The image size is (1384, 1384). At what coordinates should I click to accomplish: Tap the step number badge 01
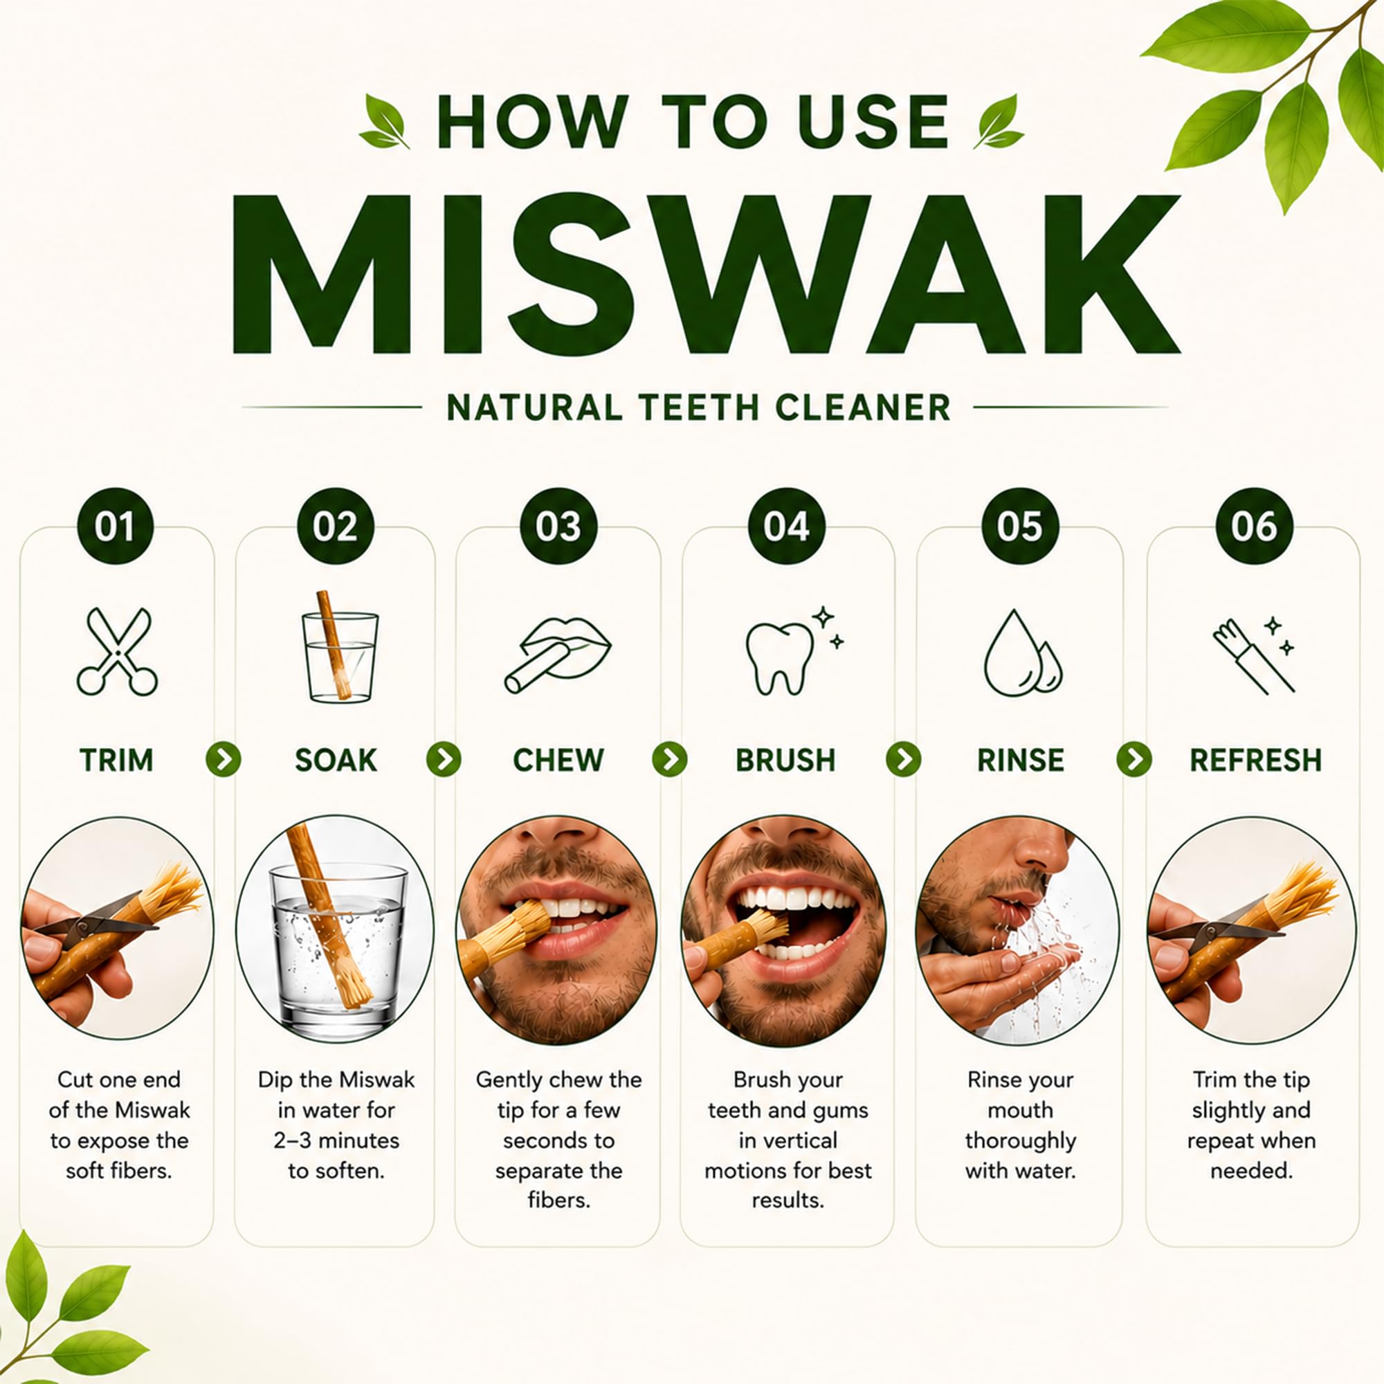point(116,527)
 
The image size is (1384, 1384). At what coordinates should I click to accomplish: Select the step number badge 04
point(787,527)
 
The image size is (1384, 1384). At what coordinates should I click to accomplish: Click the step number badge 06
point(1255,527)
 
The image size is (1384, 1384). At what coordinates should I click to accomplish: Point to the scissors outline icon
point(117,651)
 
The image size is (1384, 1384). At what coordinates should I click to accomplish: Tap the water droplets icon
point(1022,653)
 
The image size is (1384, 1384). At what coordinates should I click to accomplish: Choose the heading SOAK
point(336,760)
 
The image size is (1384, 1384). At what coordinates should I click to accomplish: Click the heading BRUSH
point(786,760)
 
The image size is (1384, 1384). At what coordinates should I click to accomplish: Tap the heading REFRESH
point(1256,760)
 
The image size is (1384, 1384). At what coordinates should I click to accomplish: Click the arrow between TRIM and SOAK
point(224,759)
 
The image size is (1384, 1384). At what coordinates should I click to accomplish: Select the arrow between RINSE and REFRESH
point(1134,759)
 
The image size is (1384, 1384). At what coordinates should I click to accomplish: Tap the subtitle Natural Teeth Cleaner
point(698,408)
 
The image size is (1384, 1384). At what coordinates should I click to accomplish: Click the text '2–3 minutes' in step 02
point(336,1140)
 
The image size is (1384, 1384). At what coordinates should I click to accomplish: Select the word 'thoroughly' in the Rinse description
point(1020,1140)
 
